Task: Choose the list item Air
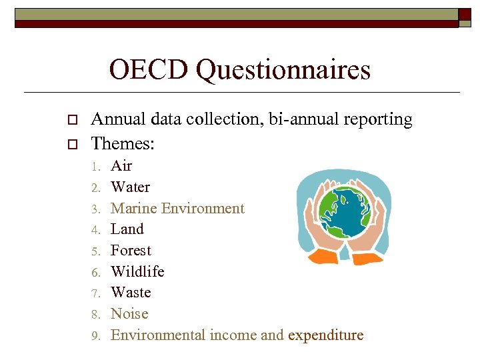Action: pyautogui.click(x=121, y=166)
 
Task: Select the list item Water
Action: pyautogui.click(x=130, y=187)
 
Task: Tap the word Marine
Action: pyautogui.click(x=135, y=208)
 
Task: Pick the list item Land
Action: pyautogui.click(x=127, y=229)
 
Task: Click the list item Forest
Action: pyautogui.click(x=131, y=251)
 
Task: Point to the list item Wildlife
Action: pyautogui.click(x=137, y=271)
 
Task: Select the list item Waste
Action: pyautogui.click(x=131, y=293)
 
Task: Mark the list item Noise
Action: pyautogui.click(x=129, y=314)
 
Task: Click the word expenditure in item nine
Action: pyautogui.click(x=325, y=335)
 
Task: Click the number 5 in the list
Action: pyautogui.click(x=96, y=251)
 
